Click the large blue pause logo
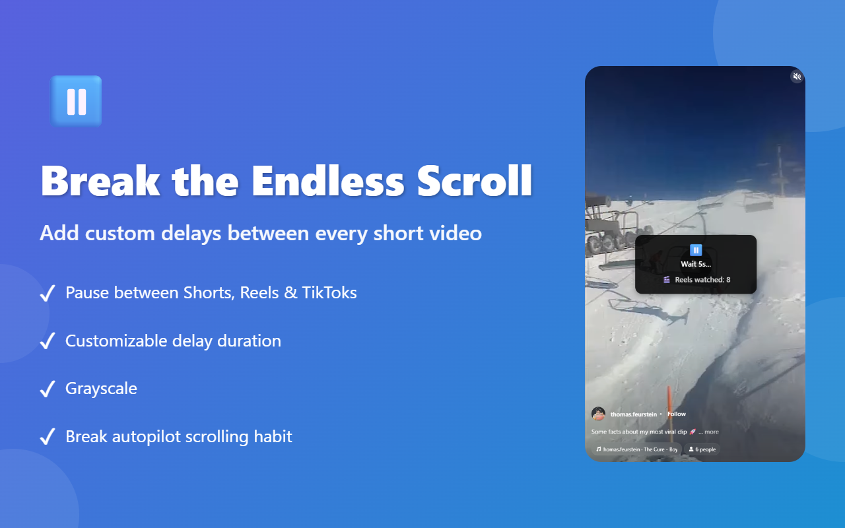76,101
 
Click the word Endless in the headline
327,180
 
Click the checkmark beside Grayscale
48,389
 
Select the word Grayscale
101,389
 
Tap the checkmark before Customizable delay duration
48,341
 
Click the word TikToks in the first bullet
329,292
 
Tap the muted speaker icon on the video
797,77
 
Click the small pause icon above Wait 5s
696,250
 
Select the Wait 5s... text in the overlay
696,264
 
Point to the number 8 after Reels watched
728,280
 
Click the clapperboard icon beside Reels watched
667,280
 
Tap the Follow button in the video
677,414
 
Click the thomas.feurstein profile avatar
599,414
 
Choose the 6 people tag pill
702,449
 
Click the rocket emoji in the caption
693,432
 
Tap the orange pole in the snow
669,403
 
